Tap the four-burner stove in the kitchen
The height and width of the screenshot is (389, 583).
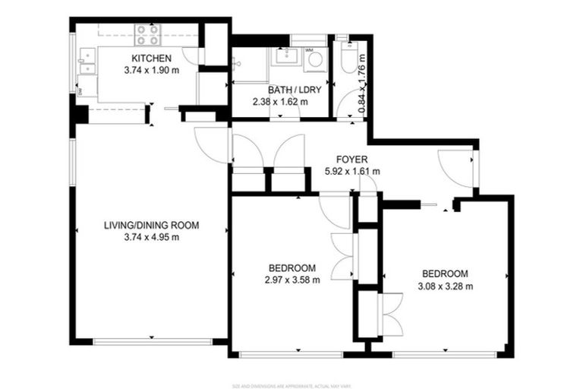(146, 36)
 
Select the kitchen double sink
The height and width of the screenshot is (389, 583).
(87, 61)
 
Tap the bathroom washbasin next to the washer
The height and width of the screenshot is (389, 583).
(286, 55)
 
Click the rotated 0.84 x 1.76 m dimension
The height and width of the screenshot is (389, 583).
(361, 89)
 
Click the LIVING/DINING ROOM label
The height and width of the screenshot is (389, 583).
(151, 225)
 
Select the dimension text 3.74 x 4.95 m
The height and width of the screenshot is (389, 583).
(151, 237)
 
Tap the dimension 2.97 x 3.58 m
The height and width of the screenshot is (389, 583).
(292, 280)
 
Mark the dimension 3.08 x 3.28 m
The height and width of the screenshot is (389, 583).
(446, 286)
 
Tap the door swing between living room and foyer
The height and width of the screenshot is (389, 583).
(212, 144)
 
